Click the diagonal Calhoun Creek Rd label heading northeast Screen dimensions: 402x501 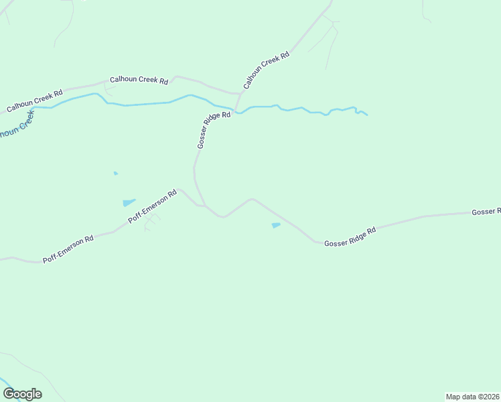coord(266,70)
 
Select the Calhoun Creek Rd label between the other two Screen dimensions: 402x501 coord(139,79)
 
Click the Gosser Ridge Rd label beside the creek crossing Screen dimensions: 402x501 coord(214,129)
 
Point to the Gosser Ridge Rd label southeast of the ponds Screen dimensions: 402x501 coord(350,237)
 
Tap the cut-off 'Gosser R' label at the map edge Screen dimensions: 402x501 coord(486,212)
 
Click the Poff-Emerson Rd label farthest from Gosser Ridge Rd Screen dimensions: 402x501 coord(68,249)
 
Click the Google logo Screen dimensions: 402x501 coord(22,394)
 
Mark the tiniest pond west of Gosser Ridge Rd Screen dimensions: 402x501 coord(116,174)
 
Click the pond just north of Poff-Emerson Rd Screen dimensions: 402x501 coord(129,202)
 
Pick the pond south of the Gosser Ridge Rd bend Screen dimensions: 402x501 coord(276,226)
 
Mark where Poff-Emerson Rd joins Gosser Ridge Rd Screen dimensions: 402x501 coord(203,205)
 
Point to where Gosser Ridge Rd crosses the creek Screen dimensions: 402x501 coord(235,109)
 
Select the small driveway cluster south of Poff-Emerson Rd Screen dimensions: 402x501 coord(151,222)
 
